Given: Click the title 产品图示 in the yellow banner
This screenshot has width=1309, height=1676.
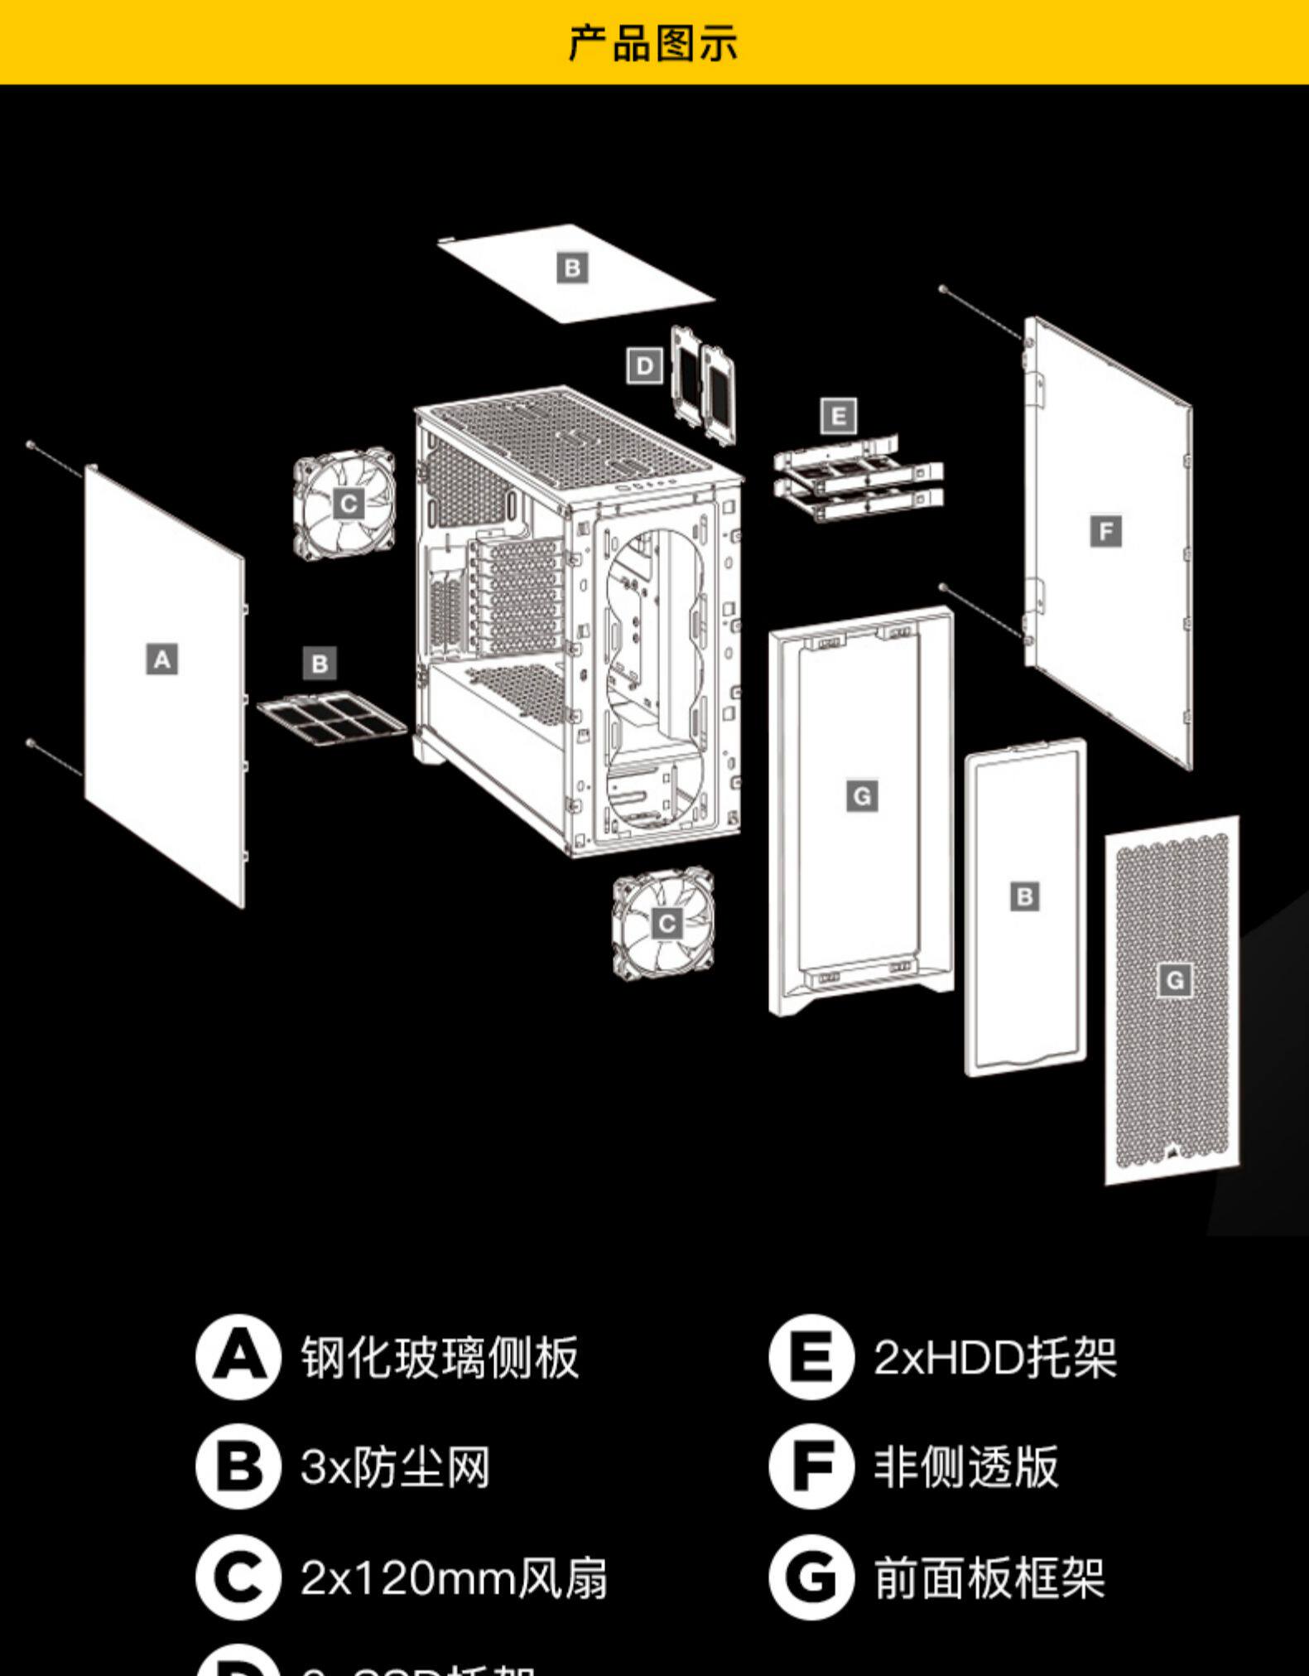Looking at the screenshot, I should tap(652, 42).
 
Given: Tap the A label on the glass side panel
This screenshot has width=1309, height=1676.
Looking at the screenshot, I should tap(162, 659).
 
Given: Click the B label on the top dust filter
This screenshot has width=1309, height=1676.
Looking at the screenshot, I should tap(572, 268).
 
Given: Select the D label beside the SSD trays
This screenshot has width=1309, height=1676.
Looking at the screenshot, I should tap(645, 366).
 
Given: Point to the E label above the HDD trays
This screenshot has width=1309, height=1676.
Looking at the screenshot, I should tap(838, 416).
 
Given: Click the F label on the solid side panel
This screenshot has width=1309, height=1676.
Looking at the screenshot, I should tap(1106, 531).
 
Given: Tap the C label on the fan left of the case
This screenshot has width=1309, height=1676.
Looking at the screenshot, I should tap(349, 504).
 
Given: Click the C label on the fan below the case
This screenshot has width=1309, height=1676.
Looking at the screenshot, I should tap(667, 923).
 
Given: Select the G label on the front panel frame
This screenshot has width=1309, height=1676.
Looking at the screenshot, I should tap(862, 797).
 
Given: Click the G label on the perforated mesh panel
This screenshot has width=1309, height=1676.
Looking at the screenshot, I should tap(1174, 981).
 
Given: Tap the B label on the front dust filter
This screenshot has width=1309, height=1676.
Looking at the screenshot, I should tap(1025, 896).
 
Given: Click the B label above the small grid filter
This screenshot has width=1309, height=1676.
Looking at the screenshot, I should tap(320, 663).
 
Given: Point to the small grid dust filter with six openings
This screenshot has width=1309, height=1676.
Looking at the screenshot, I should tap(332, 716).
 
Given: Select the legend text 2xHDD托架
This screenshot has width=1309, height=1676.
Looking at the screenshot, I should tap(994, 1357).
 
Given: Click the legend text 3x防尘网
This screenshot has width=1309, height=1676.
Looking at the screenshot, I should tap(395, 1466).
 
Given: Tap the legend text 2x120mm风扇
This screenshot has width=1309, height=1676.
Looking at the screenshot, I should tap(454, 1577).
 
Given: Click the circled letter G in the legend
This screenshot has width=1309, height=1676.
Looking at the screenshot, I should tap(811, 1577).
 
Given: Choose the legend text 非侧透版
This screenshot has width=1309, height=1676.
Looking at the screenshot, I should tap(966, 1466).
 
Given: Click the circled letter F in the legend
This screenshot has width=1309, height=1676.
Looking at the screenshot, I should tap(811, 1466).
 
